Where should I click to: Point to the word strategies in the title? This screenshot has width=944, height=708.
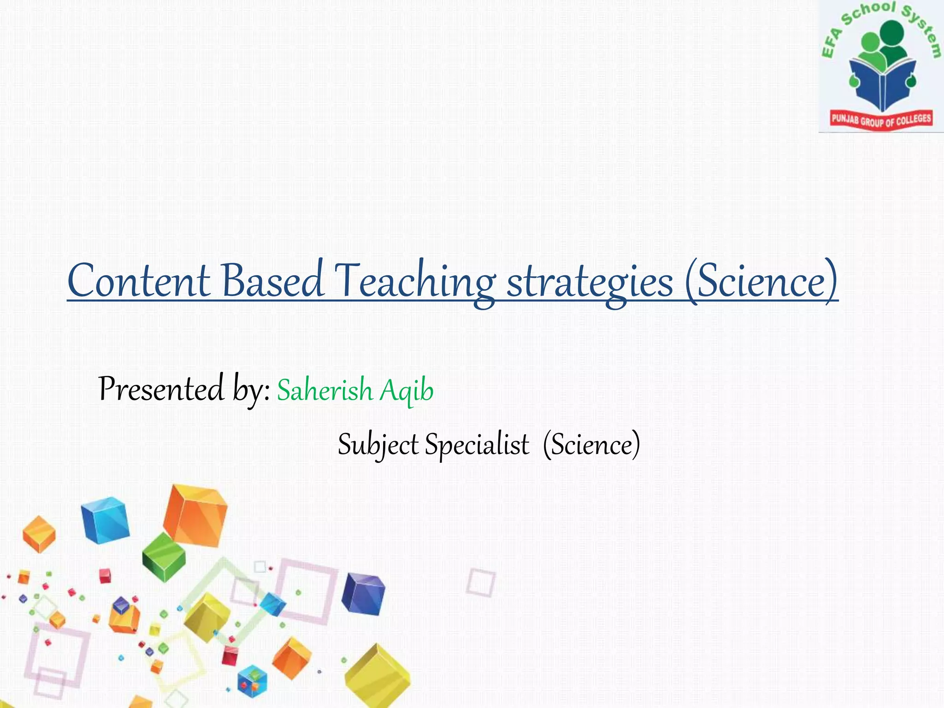[590, 282]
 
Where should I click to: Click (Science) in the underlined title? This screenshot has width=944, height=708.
[761, 281]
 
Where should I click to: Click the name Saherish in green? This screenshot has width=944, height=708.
[324, 390]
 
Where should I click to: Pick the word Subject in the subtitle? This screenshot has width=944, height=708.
[378, 445]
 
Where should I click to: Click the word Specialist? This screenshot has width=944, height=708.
[477, 445]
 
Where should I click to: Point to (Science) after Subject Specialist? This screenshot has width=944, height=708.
[591, 444]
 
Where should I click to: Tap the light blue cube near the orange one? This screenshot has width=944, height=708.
[105, 519]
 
